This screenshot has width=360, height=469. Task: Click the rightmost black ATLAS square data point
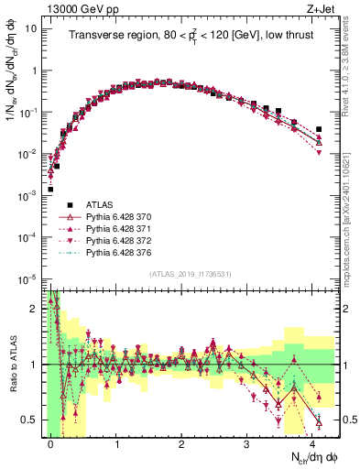click(x=319, y=129)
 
